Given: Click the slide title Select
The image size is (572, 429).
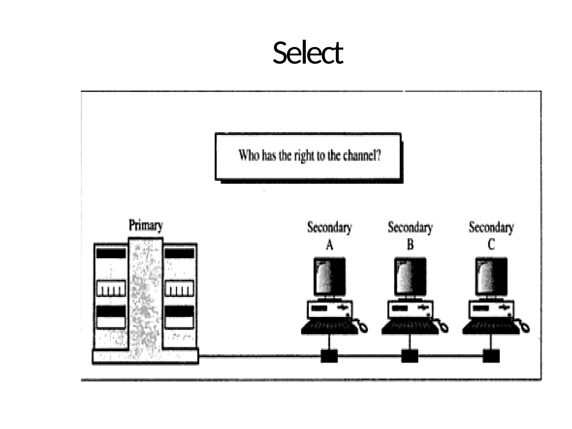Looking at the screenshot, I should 308,53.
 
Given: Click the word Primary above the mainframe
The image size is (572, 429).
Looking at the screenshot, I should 146,225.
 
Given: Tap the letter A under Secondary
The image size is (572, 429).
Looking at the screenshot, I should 330,245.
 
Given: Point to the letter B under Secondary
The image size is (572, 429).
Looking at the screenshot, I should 410,245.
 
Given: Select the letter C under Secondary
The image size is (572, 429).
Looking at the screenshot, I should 491,245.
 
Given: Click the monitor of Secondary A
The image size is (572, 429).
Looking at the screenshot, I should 330,277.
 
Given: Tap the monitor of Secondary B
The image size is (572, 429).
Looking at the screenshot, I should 410,277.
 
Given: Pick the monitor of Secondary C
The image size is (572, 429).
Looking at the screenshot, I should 491,277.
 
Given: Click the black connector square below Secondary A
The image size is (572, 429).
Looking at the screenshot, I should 329,356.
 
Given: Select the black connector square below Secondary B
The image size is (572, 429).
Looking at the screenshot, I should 410,356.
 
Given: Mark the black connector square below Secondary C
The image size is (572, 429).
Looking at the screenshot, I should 491,356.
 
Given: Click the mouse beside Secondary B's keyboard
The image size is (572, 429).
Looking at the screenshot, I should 443,327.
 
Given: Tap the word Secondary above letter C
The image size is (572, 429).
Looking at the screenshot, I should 491,227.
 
